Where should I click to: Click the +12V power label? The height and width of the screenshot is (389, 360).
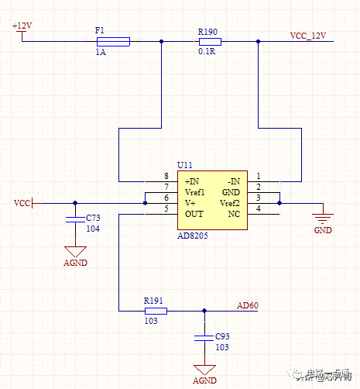[22, 26]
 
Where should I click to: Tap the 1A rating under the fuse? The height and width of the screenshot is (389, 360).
[100, 53]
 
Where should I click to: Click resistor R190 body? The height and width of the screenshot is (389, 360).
[209, 42]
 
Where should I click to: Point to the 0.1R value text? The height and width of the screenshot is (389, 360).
[207, 53]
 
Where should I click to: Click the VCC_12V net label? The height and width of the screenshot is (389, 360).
[308, 36]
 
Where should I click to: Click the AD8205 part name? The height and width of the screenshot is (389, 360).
[193, 235]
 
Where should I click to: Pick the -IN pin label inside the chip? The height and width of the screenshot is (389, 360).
[233, 181]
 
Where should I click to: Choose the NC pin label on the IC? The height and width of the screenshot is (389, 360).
[235, 213]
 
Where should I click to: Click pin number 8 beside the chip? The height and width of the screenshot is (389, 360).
[166, 176]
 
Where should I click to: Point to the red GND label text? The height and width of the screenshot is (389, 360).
[322, 231]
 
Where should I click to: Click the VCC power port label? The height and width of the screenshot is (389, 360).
[22, 203]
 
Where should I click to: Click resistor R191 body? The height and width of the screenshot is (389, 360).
[156, 311]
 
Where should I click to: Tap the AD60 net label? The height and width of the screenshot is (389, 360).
[248, 305]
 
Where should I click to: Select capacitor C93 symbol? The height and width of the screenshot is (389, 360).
[204, 338]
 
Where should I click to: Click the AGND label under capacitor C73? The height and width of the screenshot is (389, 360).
[75, 263]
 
